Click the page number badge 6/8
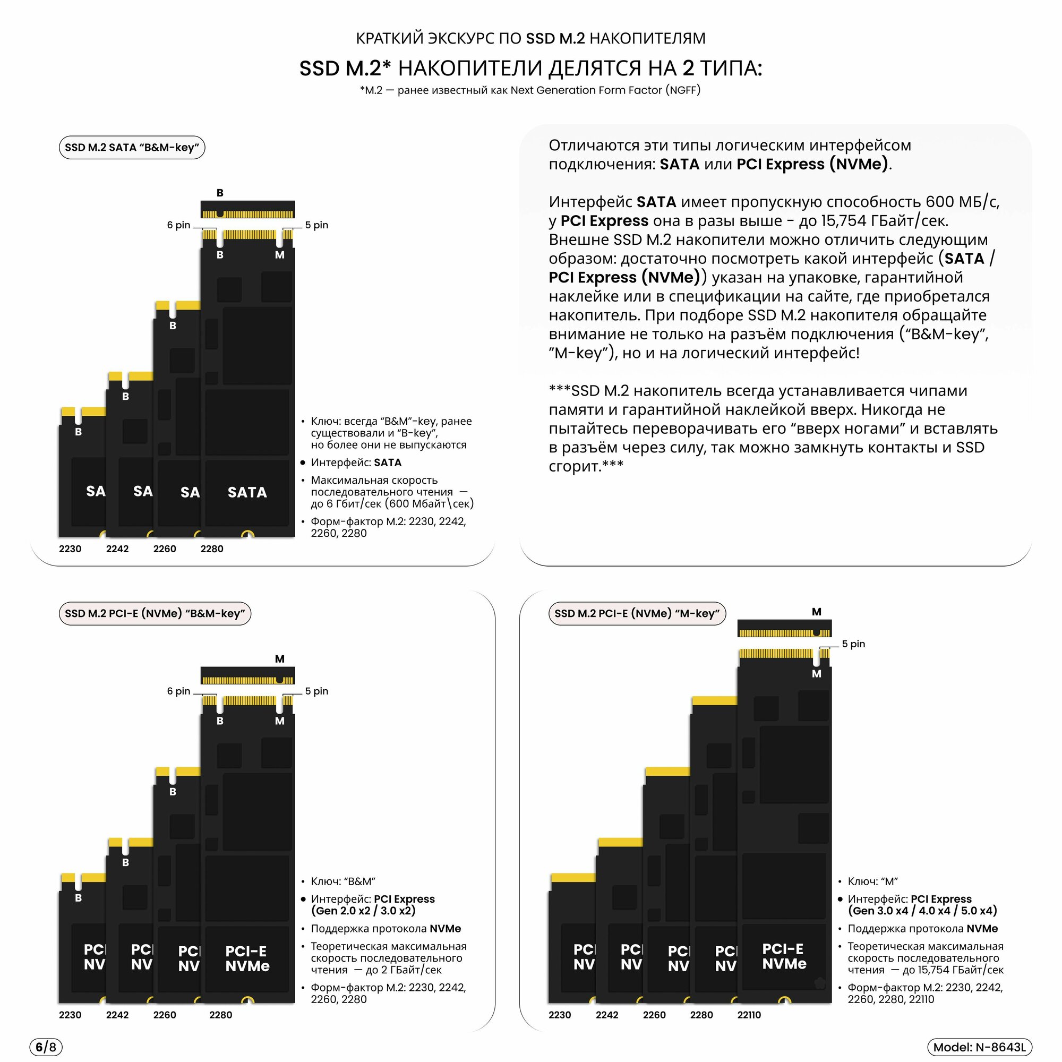point(46,1047)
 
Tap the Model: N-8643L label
point(979,1047)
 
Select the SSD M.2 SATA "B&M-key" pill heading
point(132,147)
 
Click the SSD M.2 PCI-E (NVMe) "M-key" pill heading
point(637,613)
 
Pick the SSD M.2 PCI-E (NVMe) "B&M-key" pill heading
point(155,613)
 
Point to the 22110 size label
point(749,1015)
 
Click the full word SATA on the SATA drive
point(247,492)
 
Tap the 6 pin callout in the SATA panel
point(178,225)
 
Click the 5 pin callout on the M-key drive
point(853,644)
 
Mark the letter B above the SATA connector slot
point(220,193)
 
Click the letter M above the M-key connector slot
point(816,612)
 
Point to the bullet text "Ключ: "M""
point(872,881)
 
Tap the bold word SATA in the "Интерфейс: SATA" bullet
point(388,463)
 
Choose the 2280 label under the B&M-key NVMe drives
point(220,1015)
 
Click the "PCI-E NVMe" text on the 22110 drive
point(784,956)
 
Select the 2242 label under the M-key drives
point(607,1015)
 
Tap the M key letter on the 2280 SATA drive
point(280,255)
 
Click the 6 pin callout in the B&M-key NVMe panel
point(178,691)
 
